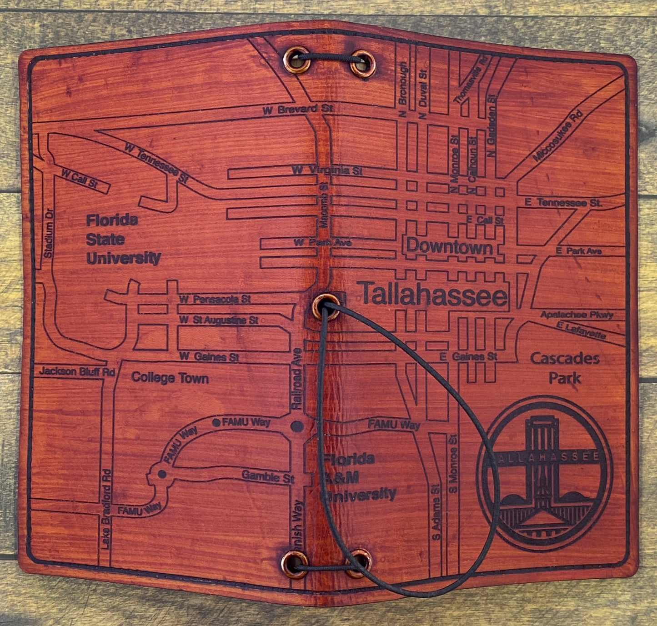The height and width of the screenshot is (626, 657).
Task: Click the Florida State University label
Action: (x=123, y=240)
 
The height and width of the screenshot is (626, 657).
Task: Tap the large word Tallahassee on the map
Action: (x=434, y=295)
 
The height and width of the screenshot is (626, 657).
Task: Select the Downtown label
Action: (x=449, y=247)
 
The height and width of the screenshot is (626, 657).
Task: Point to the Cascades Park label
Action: (x=565, y=368)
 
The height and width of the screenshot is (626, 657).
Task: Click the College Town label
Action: (x=170, y=378)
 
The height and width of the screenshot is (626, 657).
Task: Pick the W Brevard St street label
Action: (x=298, y=109)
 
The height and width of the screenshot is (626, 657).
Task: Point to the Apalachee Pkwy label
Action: (x=577, y=315)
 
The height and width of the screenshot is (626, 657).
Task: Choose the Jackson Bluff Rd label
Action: (x=76, y=371)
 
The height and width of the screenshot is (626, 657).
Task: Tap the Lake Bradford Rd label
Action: (x=106, y=509)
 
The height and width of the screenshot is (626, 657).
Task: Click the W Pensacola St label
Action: (x=215, y=299)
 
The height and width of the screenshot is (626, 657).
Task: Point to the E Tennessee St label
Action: (x=563, y=203)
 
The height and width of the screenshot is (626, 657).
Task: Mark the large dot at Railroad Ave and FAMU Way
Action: (x=297, y=426)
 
